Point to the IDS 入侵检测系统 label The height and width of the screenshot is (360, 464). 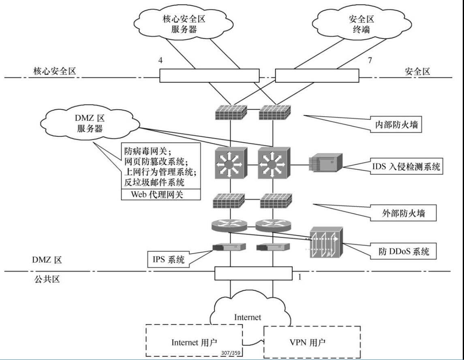[406, 166]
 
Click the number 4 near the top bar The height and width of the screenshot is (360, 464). [161, 60]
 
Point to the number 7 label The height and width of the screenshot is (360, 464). [369, 60]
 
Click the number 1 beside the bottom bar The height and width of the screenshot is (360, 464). [300, 277]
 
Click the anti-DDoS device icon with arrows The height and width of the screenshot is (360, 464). [326, 243]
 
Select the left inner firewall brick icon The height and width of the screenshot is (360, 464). [230, 112]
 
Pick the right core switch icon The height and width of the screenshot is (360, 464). [272, 164]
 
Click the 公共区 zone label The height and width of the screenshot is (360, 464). [46, 279]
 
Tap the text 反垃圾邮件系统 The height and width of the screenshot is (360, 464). [154, 182]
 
